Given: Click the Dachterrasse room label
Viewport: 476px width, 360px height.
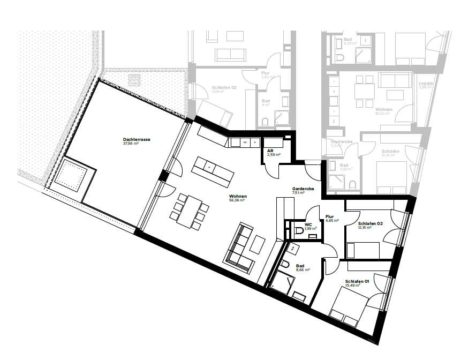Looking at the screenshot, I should click(136, 141).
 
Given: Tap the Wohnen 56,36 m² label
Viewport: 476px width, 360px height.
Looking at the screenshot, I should click(236, 199).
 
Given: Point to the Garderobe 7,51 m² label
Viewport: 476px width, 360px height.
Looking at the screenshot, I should click(303, 191).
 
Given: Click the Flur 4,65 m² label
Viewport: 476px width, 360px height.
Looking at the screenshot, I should click(330, 218).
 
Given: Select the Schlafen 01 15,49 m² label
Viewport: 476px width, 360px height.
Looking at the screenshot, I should click(357, 283).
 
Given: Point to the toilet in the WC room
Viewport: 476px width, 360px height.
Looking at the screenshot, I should click(298, 231).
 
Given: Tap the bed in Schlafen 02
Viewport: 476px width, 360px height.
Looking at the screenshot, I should click(364, 250).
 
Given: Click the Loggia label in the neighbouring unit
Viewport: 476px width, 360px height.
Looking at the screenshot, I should click(426, 86).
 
